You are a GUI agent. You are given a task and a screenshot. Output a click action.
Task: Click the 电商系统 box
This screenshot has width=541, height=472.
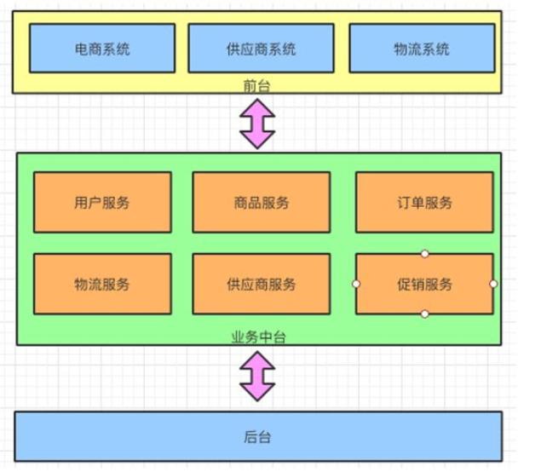(x=102, y=48)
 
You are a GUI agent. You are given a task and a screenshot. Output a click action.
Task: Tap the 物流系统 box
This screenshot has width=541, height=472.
(x=422, y=48)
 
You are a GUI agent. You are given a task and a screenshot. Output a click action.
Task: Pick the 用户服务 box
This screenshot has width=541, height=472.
(x=102, y=203)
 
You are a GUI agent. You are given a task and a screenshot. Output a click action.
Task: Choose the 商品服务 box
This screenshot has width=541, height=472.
(x=261, y=203)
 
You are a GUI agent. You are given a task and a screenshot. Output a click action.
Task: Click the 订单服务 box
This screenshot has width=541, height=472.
(x=424, y=203)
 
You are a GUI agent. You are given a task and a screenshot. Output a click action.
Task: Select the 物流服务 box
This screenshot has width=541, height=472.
(x=102, y=284)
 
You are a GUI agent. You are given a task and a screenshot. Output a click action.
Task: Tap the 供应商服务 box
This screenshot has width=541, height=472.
(x=261, y=284)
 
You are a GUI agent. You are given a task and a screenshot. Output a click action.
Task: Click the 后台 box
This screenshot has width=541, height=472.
(x=258, y=437)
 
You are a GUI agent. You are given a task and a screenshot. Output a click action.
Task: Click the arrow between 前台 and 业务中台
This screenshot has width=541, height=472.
(x=257, y=124)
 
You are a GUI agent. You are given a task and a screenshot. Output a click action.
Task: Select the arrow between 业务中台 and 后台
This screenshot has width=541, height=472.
(x=257, y=376)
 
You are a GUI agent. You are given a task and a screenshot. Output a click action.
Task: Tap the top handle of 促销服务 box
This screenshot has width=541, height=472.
(x=424, y=254)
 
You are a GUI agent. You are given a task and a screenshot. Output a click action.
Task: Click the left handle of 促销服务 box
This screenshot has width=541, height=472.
(x=355, y=284)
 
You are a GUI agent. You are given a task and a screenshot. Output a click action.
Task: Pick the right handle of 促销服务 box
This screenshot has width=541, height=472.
(x=493, y=284)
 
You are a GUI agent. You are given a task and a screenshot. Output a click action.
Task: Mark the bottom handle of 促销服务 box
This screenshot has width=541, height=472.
(x=424, y=314)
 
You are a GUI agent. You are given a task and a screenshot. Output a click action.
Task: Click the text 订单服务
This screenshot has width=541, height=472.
(x=424, y=203)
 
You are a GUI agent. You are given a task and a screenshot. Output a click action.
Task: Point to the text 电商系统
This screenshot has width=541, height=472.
(x=102, y=49)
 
